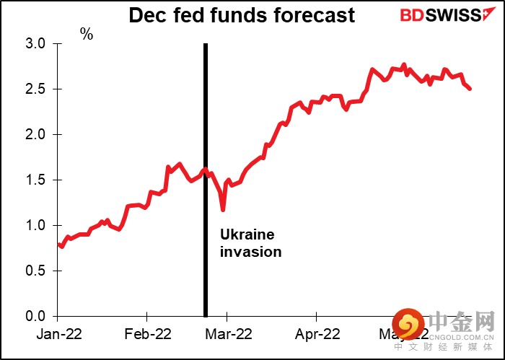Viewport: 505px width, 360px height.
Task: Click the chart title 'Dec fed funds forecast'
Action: [242, 15]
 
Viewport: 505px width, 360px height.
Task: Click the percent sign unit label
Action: [87, 34]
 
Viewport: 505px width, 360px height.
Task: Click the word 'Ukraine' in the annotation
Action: [247, 235]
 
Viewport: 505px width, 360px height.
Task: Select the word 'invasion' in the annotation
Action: [250, 253]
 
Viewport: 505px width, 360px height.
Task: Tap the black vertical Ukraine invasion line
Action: [206, 180]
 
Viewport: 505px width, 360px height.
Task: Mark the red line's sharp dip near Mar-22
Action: [223, 210]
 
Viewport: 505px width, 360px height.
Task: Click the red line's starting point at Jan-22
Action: [58, 244]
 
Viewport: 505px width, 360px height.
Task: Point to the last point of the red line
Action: [471, 89]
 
